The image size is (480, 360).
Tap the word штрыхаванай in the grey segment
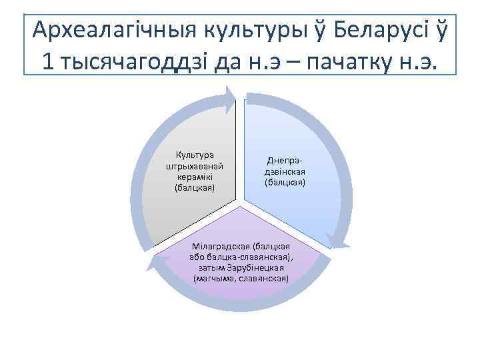point(194,166)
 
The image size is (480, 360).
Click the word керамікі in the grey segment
point(194,177)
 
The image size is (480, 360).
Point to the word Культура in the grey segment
point(194,155)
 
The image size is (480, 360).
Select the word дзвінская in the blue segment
point(285,171)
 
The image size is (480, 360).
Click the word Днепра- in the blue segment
point(285,161)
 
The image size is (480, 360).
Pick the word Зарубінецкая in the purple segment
point(257,267)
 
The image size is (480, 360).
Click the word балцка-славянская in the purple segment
point(254,257)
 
